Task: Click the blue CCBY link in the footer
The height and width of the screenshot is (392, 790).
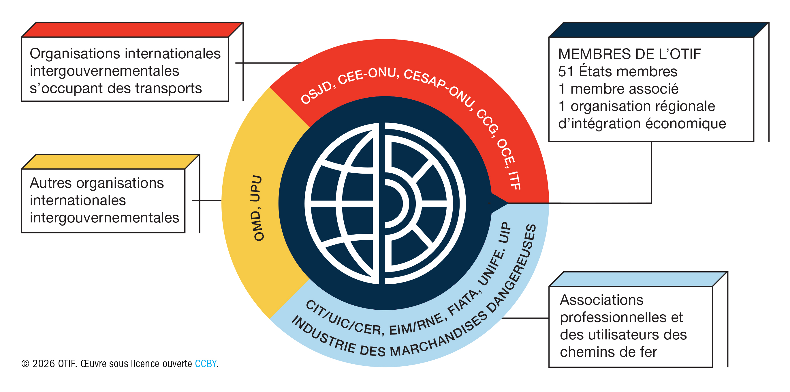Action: pos(206,364)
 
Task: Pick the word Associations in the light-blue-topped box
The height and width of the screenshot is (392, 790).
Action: pos(601,300)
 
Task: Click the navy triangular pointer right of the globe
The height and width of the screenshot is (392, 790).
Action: pos(498,203)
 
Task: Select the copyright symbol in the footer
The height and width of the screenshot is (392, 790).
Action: pos(25,364)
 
